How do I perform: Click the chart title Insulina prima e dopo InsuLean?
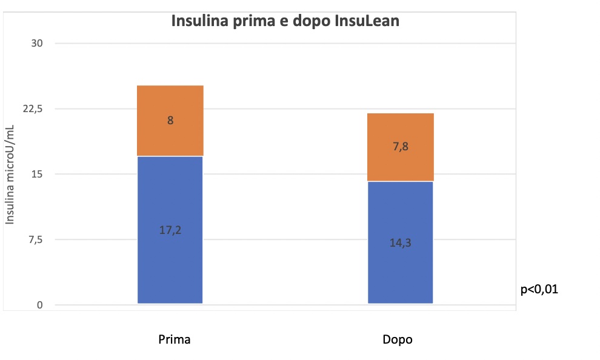285,21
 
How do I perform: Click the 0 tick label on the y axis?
39,305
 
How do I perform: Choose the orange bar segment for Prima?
170,136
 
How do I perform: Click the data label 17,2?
170,230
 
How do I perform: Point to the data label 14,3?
401,243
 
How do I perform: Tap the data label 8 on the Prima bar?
170,121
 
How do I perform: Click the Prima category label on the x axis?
175,339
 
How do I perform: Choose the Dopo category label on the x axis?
398,339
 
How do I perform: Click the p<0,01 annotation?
539,290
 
